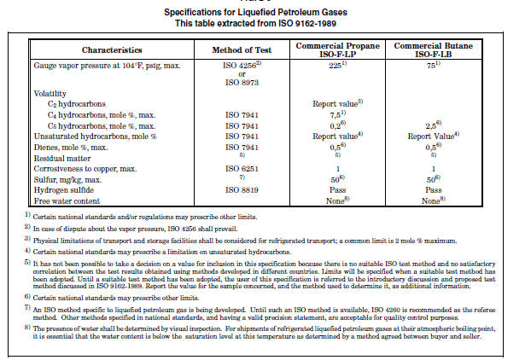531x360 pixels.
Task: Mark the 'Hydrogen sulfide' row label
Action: point(65,191)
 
